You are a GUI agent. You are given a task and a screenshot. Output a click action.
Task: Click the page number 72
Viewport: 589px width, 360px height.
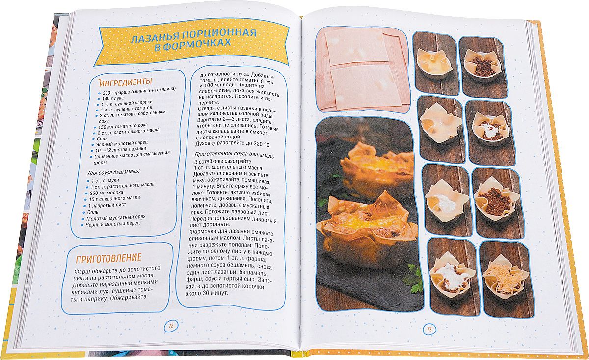171,326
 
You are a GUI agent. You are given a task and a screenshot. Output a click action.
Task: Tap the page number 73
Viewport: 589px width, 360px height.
429,329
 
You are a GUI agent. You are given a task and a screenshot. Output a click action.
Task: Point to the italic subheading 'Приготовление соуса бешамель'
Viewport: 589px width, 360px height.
235,154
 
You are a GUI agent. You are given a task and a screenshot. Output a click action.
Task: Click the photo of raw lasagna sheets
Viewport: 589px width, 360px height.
362,72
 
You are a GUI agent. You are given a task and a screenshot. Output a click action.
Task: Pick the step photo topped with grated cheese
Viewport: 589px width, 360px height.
506,279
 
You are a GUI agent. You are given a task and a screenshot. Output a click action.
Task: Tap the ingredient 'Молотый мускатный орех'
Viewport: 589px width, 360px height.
116,218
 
